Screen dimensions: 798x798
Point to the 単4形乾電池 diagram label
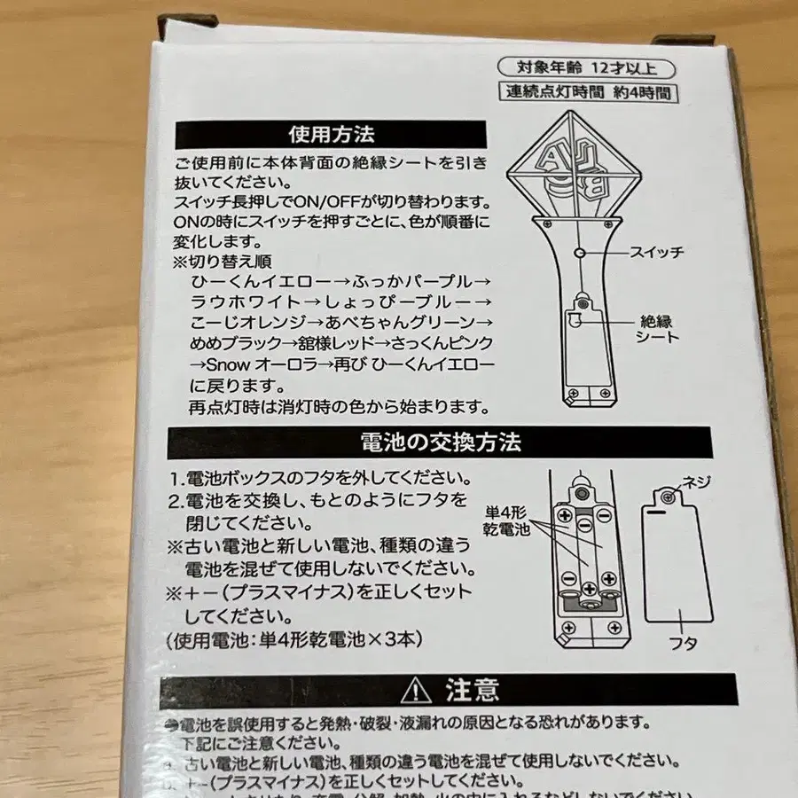pos(505,520)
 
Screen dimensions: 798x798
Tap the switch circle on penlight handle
pos(579,253)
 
